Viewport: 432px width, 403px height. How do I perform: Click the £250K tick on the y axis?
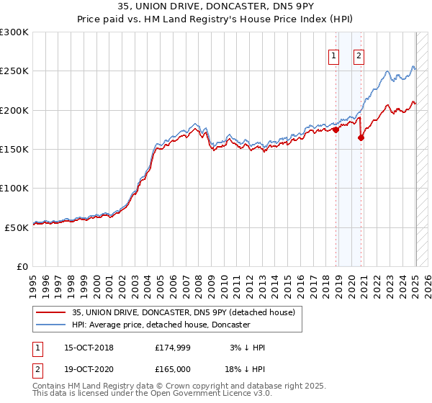coord(14,71)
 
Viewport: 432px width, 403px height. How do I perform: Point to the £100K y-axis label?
coord(14,188)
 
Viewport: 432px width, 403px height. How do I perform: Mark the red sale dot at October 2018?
coord(336,130)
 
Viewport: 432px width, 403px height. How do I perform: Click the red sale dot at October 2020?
coord(361,138)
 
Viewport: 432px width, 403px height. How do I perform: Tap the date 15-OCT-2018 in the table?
coord(84,348)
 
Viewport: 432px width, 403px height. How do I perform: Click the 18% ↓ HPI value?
coord(246,370)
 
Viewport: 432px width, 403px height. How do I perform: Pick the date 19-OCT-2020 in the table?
coord(84,370)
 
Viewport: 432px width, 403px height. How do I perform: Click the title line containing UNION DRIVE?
coord(216,8)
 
